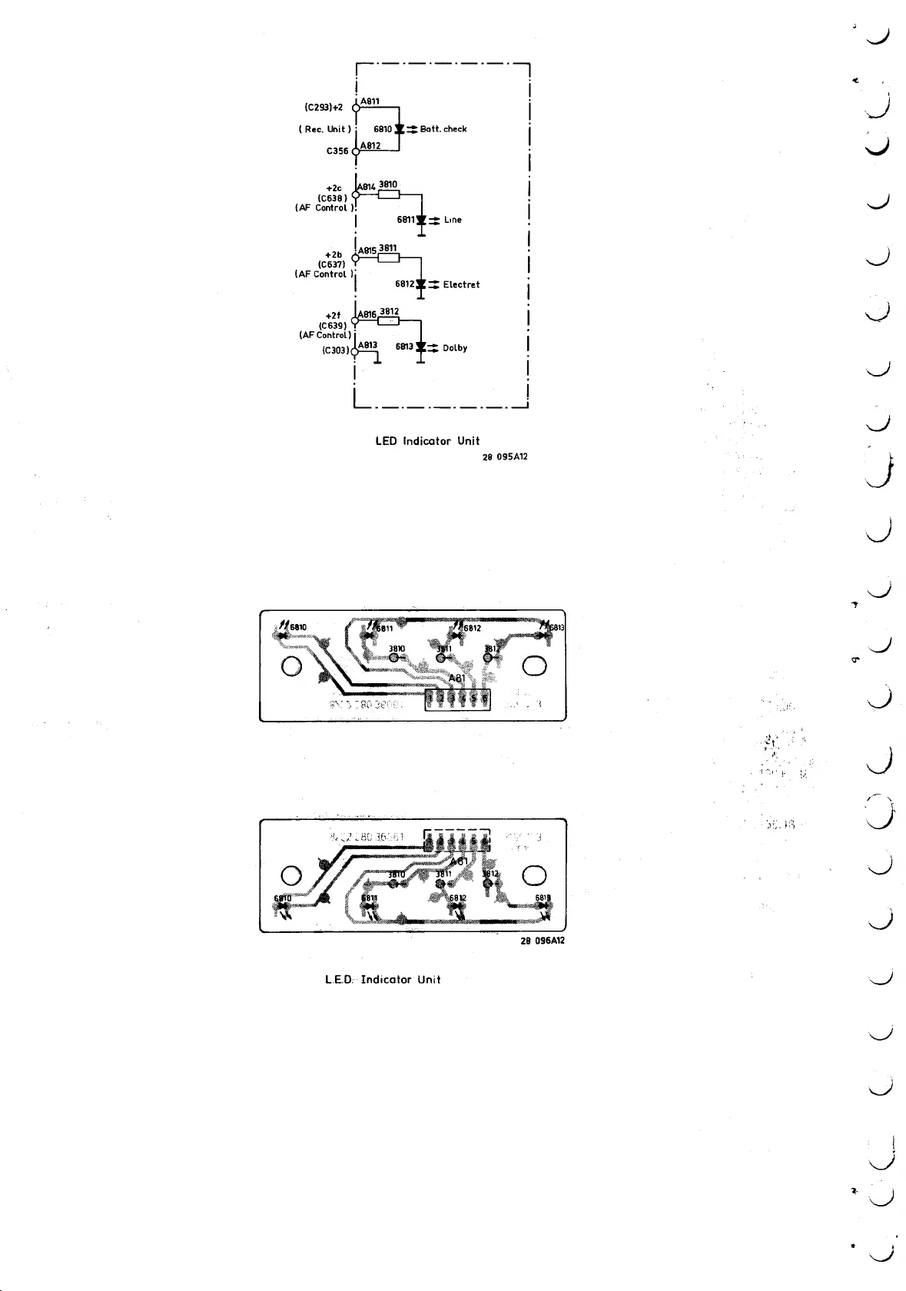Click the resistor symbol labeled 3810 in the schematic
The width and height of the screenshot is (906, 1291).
tap(390, 194)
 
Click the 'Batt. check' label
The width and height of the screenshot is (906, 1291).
tap(443, 129)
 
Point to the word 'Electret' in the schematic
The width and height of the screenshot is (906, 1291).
tap(461, 284)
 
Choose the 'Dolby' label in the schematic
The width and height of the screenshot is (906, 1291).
tap(455, 348)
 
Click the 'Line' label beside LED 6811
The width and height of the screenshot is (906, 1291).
tap(453, 220)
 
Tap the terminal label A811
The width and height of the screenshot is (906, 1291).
tap(370, 101)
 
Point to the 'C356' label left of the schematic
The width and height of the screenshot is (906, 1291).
tap(338, 151)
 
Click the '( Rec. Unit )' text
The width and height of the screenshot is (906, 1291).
tap(324, 129)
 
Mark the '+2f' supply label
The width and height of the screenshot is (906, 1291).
tap(333, 315)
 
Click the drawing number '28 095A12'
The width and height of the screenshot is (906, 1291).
tap(505, 457)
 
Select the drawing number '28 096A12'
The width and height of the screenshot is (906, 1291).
tap(543, 941)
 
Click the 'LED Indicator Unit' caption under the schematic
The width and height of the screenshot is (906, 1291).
tap(427, 441)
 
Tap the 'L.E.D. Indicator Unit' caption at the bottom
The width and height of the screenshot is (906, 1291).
tap(383, 980)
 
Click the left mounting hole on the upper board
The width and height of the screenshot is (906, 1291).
tap(291, 665)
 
